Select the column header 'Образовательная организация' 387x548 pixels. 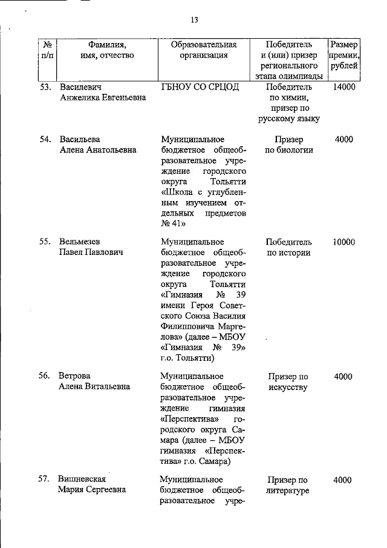point(203,50)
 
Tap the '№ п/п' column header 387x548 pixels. point(46,50)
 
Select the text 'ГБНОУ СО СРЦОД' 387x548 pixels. point(200,87)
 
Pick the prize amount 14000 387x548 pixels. point(343,87)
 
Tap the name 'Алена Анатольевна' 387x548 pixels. point(97,150)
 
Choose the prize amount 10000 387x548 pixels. point(343,242)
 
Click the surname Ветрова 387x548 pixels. point(74,376)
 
